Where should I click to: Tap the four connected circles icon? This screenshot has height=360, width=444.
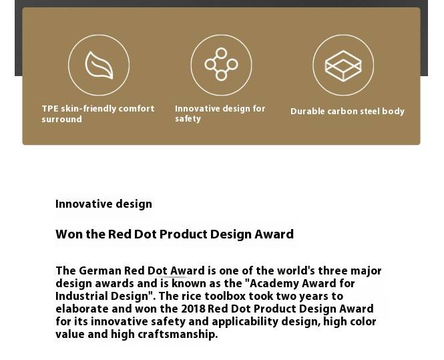[221, 65]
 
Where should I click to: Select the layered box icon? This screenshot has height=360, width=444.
[343, 65]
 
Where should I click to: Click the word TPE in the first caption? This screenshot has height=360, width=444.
[50, 108]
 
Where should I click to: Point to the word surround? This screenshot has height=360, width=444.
[61, 120]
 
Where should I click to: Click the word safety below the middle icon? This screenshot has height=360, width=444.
[188, 119]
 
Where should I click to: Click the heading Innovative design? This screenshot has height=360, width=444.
[103, 204]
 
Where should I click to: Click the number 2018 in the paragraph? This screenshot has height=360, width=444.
[193, 309]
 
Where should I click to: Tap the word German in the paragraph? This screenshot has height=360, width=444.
[100, 271]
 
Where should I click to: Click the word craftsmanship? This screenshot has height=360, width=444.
[178, 335]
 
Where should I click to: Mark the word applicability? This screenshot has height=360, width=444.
[245, 322]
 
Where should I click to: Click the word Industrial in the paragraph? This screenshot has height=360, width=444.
[81, 297]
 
